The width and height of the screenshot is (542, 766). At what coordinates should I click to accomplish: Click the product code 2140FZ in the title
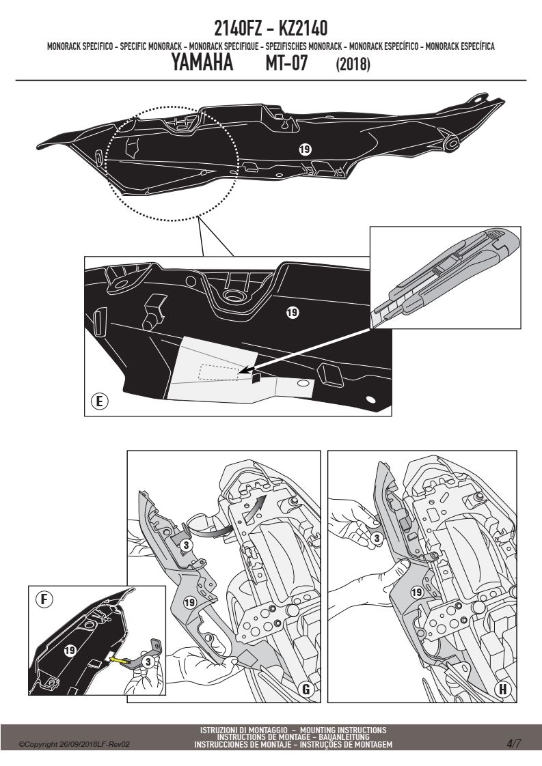pos(239,29)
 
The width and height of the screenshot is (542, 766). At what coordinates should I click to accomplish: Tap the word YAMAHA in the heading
pos(202,63)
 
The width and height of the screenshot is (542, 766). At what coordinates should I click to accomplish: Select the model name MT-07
pos(286,63)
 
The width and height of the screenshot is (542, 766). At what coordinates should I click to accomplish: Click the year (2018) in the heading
pos(353,64)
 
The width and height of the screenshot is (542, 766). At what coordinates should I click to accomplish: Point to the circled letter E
pos(99,401)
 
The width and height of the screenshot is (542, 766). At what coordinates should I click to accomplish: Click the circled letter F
pos(44,599)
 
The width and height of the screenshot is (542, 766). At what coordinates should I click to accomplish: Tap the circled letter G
pos(306,689)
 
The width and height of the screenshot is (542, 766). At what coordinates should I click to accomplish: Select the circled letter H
pos(502,690)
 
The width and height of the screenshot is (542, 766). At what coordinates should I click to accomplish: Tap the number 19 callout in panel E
pos(293,312)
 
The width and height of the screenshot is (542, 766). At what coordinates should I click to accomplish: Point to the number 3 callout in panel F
pos(147,662)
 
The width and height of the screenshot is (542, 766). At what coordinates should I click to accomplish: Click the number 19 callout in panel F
pos(70,650)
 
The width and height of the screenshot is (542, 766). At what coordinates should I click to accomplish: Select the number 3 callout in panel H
pos(376,539)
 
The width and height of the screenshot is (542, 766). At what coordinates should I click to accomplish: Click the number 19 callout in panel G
pos(190,602)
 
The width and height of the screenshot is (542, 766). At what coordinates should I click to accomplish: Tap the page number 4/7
pos(513,744)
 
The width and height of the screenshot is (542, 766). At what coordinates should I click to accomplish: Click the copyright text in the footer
pos(74,745)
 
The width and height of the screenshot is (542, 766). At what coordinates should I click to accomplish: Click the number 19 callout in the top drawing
pos(305,149)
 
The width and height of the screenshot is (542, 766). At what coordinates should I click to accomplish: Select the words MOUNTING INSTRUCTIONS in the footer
pos(343,730)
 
